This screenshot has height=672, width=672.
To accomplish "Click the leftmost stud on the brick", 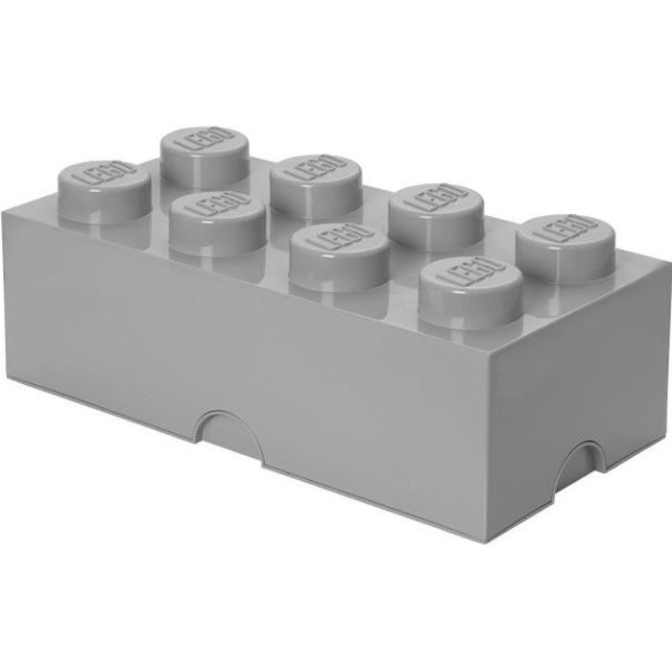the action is click(x=104, y=192).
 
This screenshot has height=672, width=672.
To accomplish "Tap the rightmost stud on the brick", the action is click(x=566, y=249).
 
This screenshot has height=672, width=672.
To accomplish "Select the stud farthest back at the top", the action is click(x=204, y=156).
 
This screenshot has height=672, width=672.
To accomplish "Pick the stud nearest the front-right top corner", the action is click(x=471, y=294).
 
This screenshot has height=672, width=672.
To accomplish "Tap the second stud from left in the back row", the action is click(x=316, y=186).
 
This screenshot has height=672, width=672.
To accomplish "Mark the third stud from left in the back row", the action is click(x=437, y=216).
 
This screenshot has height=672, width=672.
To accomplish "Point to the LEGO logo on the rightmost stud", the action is click(x=566, y=229).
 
